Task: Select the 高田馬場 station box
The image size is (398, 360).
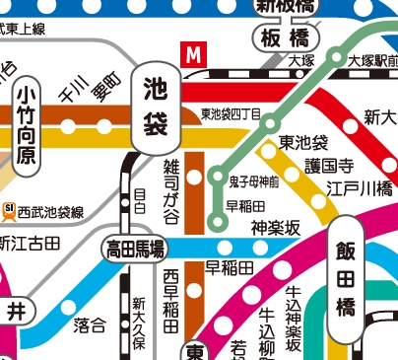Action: click(135, 249)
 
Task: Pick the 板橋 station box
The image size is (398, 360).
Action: click(286, 38)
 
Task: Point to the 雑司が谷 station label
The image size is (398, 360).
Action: click(171, 182)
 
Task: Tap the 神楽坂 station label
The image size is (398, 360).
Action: click(275, 228)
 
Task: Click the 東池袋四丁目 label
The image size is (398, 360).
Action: click(230, 115)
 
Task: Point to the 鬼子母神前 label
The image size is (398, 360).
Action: click(254, 181)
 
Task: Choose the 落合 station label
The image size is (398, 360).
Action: click(90, 324)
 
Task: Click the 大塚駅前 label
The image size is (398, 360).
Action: click(370, 60)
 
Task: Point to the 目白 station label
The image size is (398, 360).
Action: click(138, 202)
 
